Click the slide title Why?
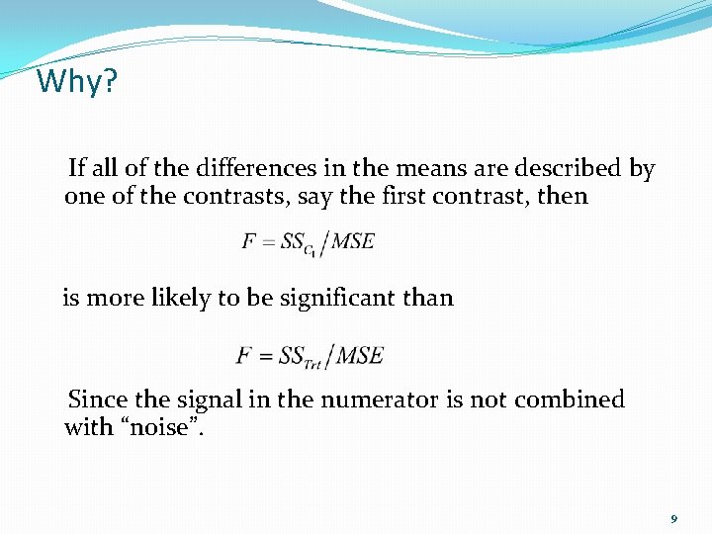[x=76, y=81]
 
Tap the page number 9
[x=673, y=519]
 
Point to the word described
[x=573, y=169]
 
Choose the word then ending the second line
[x=563, y=196]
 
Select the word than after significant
[x=427, y=298]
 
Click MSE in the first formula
[x=352, y=242]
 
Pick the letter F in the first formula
[x=249, y=242]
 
